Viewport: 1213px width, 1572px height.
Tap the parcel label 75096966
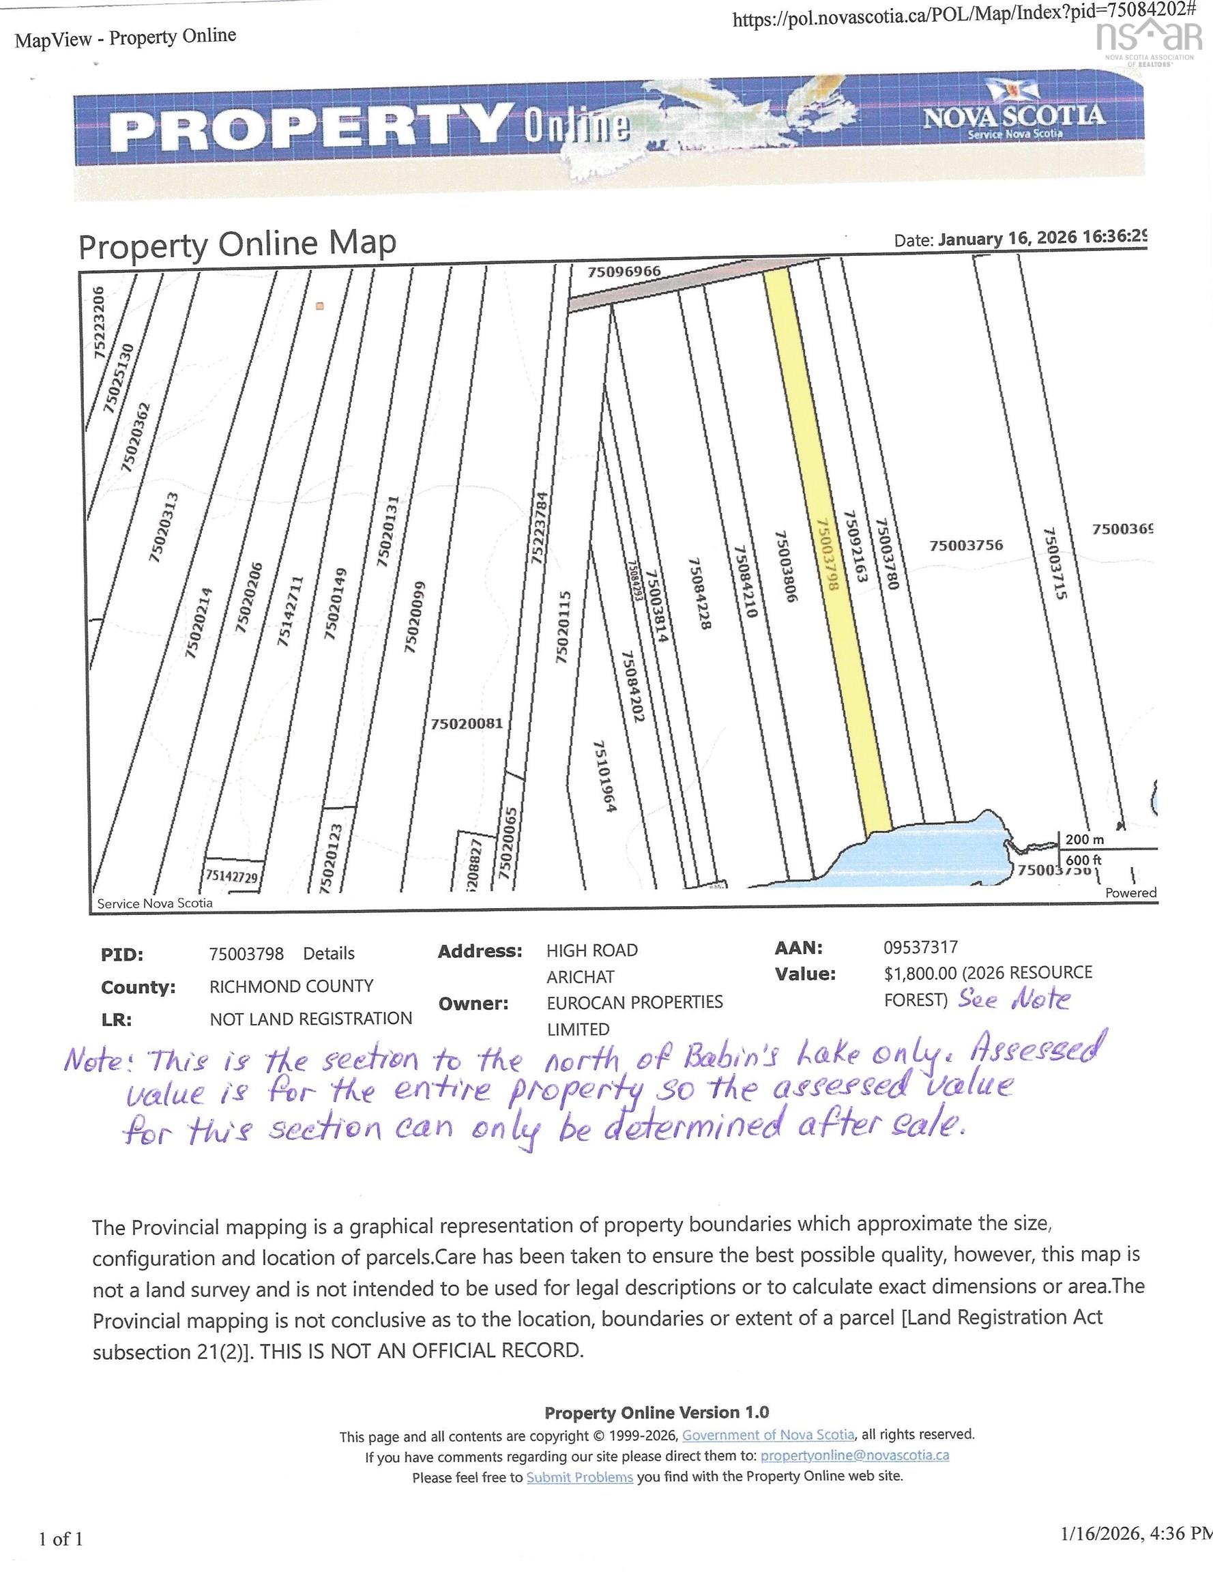coord(624,272)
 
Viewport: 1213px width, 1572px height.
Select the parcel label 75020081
coord(467,723)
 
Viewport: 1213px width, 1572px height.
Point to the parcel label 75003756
coord(965,546)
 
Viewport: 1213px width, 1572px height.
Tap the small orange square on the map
coord(321,306)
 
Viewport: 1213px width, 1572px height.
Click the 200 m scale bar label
coord(1084,839)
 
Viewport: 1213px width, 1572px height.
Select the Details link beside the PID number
coord(328,954)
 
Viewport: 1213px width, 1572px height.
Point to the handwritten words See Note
coord(1014,999)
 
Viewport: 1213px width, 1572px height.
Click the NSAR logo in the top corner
coord(1149,40)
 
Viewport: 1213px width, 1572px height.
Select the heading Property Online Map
coord(237,245)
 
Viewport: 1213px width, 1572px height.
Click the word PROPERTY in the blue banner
coord(310,128)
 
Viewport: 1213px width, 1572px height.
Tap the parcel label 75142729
coord(231,876)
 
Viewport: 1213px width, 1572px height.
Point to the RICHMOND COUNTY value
coord(291,986)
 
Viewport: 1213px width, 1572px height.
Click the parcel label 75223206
coord(100,322)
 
